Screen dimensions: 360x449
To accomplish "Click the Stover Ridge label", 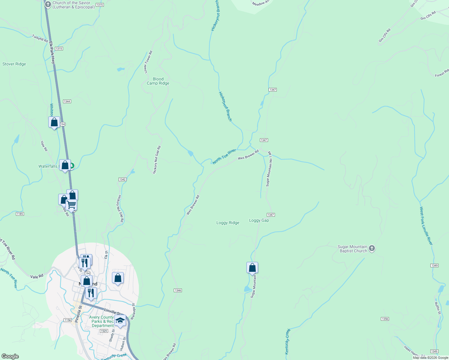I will click(x=14, y=64).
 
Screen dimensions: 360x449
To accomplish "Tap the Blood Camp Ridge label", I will click(x=158, y=81).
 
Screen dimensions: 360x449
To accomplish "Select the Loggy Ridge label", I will click(x=228, y=223).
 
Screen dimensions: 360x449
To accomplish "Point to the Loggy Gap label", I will click(x=259, y=220).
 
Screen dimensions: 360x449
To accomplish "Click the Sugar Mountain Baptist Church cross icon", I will click(x=372, y=248).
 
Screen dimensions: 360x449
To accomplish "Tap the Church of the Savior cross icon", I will click(x=48, y=4).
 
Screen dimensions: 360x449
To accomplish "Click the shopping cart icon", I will click(x=71, y=205).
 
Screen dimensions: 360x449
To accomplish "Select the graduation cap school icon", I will click(x=120, y=321).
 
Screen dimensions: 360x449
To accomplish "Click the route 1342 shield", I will click(x=122, y=179).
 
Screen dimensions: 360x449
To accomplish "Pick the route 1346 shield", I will click(x=178, y=290).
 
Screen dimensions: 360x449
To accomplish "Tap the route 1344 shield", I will click(x=67, y=101).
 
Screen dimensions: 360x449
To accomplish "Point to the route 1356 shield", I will click(x=385, y=319).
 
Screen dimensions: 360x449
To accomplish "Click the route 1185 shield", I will click(x=20, y=214).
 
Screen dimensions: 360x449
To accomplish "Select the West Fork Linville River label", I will click(x=426, y=226).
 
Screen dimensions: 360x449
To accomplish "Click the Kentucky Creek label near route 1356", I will click(x=287, y=341).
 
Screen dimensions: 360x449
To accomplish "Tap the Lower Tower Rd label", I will click(x=148, y=62).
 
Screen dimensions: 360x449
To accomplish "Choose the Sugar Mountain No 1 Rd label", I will click(x=269, y=169).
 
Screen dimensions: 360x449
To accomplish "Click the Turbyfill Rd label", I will click(x=40, y=38).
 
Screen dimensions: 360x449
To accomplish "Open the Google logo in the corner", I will click(x=10, y=356).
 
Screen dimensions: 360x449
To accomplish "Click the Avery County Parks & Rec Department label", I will click(x=102, y=321).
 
